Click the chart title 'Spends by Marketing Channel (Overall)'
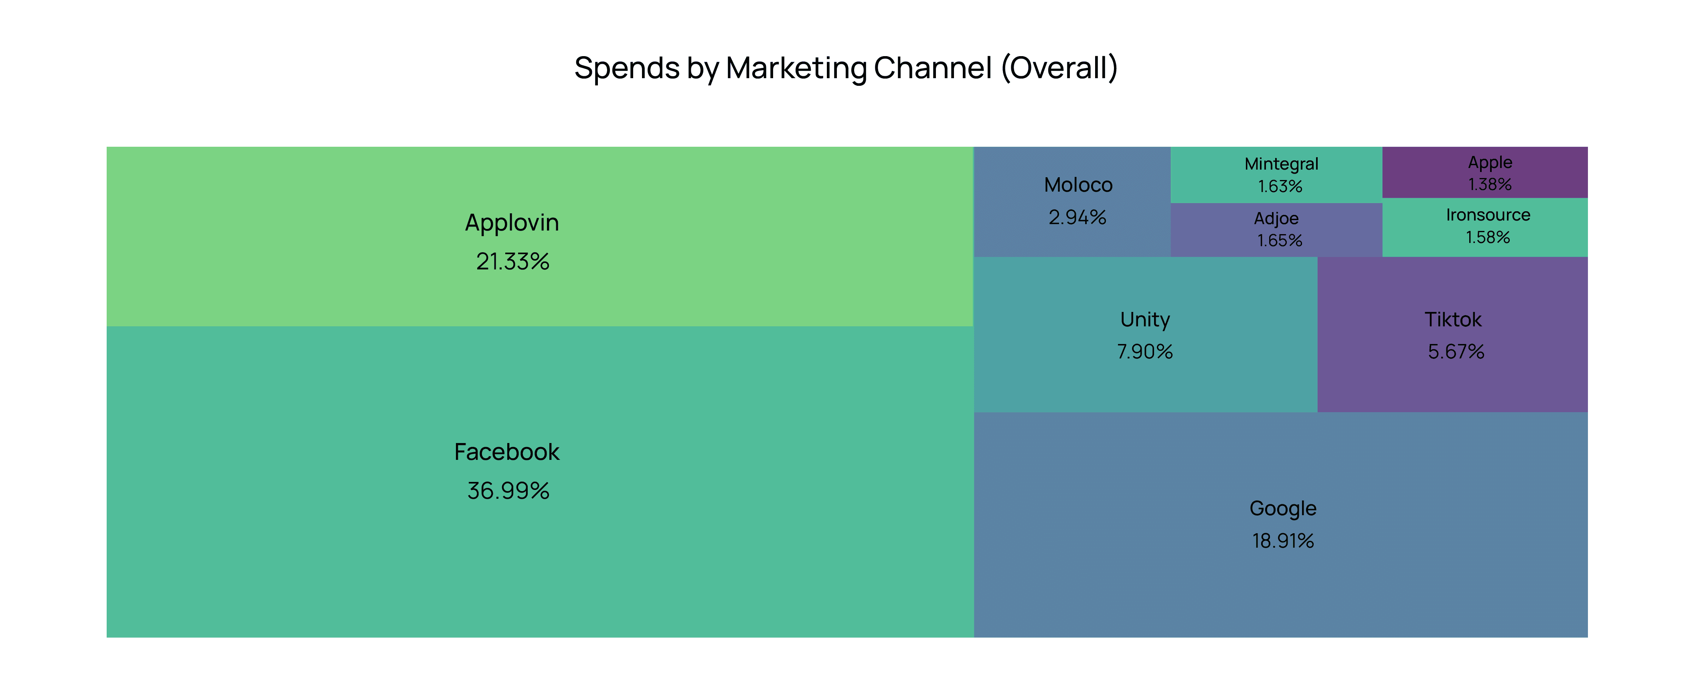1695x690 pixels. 846,68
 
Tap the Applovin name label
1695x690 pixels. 512,223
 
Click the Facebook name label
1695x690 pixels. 507,452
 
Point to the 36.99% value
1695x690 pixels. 508,491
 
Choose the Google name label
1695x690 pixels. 1282,508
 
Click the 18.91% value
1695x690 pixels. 1282,541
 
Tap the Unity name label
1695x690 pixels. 1145,320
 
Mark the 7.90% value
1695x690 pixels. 1145,352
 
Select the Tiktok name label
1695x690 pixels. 1453,320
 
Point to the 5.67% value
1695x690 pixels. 1456,352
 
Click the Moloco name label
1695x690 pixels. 1078,185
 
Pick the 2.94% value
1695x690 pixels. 1077,217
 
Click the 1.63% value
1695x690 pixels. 1280,187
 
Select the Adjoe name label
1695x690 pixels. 1276,219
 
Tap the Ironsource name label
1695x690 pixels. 1488,215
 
